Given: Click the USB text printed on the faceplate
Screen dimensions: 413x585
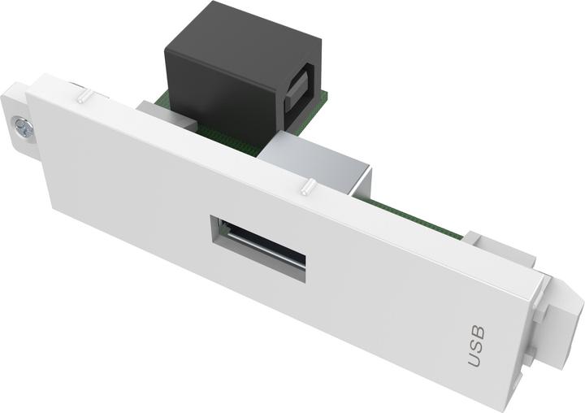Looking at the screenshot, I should (477, 346).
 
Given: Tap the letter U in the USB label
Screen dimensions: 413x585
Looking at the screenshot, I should (476, 359).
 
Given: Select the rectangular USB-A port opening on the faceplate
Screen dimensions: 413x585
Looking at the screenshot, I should (258, 248).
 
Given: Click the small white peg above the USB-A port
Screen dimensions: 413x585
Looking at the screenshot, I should (306, 190).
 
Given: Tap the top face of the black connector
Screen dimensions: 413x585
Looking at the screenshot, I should (236, 33).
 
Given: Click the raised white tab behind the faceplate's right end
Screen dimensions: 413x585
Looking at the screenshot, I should (487, 244).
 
